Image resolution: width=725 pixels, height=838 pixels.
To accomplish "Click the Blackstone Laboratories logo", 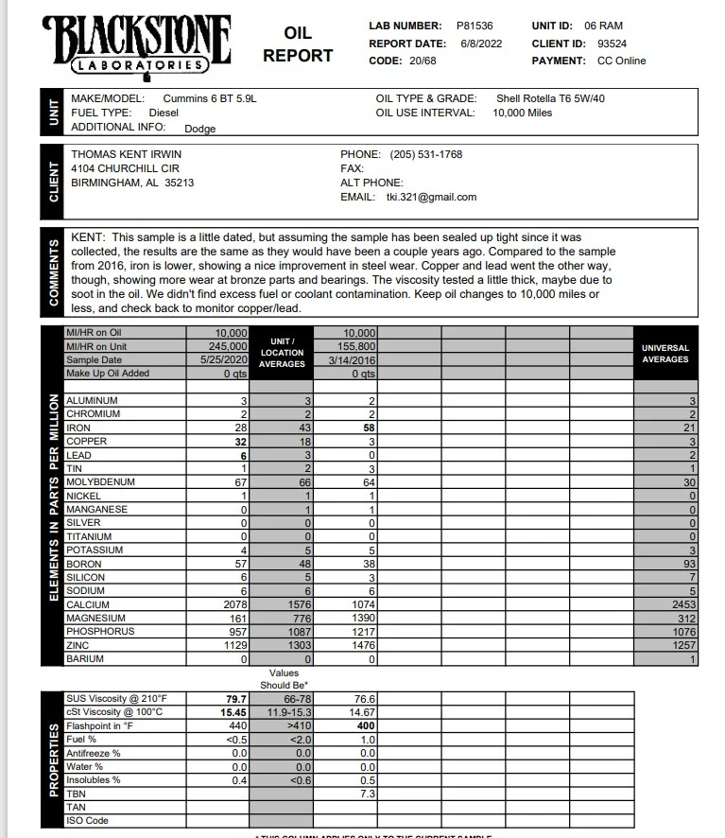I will pyautogui.click(x=137, y=43).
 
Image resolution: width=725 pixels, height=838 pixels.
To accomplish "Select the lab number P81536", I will pyautogui.click(x=474, y=26).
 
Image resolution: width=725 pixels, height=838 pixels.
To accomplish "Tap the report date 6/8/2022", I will pyautogui.click(x=481, y=44).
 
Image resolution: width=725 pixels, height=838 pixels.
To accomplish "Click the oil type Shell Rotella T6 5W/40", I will pyautogui.click(x=550, y=98).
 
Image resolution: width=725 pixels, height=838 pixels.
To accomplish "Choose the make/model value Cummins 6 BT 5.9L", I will pyautogui.click(x=209, y=98).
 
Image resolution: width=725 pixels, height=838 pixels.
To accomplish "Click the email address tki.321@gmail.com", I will pyautogui.click(x=431, y=197).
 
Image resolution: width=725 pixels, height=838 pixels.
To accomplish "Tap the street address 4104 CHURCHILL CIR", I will pyautogui.click(x=125, y=168).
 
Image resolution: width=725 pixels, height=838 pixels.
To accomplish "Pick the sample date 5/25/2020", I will pyautogui.click(x=224, y=360).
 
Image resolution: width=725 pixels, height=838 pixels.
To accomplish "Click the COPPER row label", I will pyautogui.click(x=86, y=442).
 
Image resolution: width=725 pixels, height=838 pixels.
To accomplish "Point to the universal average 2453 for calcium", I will pyautogui.click(x=680, y=604).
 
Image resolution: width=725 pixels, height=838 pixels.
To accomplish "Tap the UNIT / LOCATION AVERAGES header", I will pyautogui.click(x=282, y=353).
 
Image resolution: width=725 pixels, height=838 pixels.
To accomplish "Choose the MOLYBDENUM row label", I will pyautogui.click(x=100, y=482).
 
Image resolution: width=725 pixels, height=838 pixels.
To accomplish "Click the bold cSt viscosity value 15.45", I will pyautogui.click(x=233, y=712).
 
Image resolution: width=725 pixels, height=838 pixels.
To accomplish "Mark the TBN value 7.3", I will pyautogui.click(x=368, y=794).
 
